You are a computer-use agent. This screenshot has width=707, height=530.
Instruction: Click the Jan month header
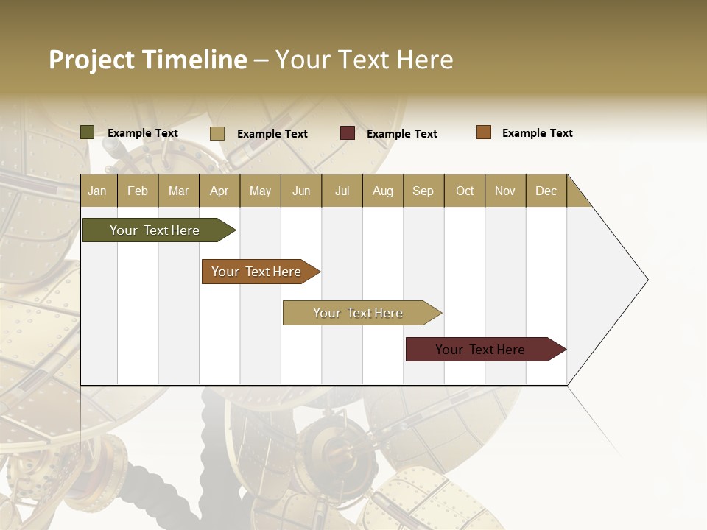coord(98,191)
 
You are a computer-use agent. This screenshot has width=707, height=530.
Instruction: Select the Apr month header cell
coord(219,191)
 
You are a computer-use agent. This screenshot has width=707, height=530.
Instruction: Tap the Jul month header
coord(342,191)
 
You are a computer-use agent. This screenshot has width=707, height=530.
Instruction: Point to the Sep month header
coord(423,191)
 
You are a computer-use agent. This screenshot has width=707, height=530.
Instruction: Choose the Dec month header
coord(546,191)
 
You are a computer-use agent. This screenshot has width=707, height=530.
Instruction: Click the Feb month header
coord(138,191)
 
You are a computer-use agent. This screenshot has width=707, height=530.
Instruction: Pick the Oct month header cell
coord(465,191)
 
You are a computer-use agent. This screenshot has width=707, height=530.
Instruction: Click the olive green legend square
coord(87,132)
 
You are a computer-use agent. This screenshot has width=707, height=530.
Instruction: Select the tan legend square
coord(217,133)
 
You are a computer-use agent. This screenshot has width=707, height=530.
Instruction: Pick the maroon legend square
coord(348,133)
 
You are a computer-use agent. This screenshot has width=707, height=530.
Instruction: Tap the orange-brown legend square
coord(484,132)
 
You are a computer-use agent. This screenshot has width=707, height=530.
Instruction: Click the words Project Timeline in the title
coord(148,60)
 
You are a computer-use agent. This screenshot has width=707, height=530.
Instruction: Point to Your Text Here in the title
coord(364,60)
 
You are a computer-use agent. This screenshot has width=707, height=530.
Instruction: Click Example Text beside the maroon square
coord(401,134)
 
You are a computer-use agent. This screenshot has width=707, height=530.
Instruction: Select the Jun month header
coord(301,191)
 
